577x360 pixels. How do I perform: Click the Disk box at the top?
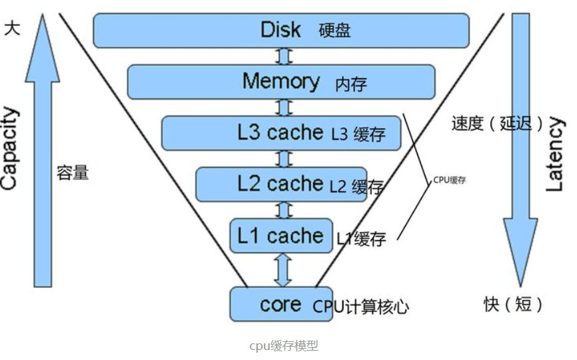click(281, 30)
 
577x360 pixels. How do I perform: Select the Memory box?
click(281, 81)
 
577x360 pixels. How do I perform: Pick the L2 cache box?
click(281, 184)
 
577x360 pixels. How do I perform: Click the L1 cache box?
click(281, 235)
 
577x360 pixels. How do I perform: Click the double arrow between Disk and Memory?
click(284, 56)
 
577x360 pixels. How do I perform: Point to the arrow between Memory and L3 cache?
click(284, 107)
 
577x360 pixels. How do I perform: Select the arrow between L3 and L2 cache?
click(284, 159)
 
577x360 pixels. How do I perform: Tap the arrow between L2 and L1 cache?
click(284, 210)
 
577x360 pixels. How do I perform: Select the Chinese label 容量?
click(73, 173)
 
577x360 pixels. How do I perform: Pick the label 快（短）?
click(514, 305)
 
